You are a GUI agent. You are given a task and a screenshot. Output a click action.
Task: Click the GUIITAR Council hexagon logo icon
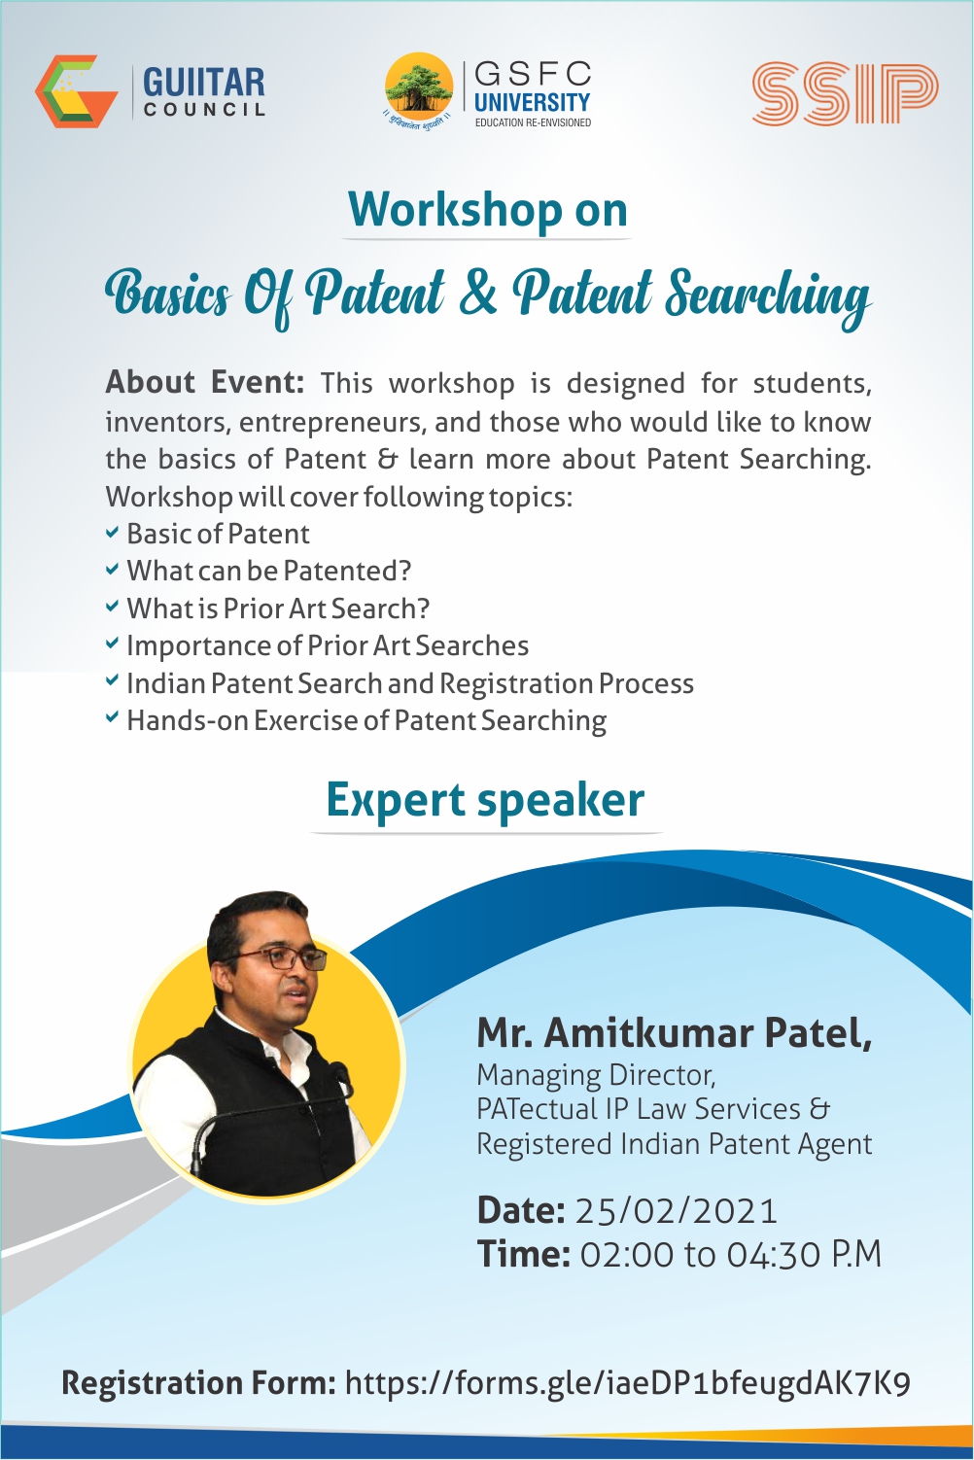coord(75,91)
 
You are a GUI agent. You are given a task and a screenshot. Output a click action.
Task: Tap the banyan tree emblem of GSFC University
coord(419,88)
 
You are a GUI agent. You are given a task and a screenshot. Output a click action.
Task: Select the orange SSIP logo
coord(844,94)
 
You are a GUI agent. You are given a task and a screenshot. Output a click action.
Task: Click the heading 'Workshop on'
coord(488,210)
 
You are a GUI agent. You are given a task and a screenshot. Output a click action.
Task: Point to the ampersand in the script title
coord(477,293)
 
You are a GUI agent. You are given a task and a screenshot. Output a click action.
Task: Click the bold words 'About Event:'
coord(204,383)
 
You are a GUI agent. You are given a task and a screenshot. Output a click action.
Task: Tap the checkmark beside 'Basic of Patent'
coord(113,533)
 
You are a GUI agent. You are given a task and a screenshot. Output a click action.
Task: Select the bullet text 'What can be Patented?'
coord(269,571)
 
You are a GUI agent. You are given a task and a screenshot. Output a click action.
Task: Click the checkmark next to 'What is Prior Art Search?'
coord(113,608)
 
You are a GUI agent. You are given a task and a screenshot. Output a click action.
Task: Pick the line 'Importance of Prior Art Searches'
coord(328,645)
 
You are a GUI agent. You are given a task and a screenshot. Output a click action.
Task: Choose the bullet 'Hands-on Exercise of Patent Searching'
coord(366,720)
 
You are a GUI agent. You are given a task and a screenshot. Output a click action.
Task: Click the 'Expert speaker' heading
coord(485,800)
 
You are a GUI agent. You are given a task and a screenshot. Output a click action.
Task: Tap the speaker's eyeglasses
coord(282,958)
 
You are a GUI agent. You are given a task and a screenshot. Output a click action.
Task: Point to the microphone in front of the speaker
coord(340,1074)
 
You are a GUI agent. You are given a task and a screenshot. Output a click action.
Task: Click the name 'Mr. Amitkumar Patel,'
coord(674,1032)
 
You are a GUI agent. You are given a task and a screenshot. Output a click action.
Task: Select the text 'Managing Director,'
coord(596,1075)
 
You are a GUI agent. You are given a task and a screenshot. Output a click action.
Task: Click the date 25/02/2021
coord(677,1211)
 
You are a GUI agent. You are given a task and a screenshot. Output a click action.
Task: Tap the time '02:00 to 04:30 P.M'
coord(730,1255)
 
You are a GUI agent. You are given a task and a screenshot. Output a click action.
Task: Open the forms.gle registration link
coord(628,1383)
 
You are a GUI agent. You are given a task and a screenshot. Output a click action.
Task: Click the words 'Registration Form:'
coord(199,1383)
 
